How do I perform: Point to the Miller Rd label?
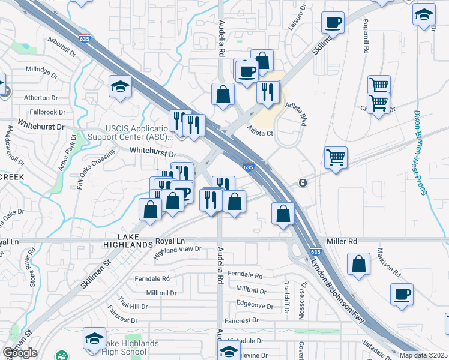[342, 241]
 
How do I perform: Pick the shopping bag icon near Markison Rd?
[358, 263]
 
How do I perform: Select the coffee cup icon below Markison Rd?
[402, 294]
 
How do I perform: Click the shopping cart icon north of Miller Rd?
[336, 158]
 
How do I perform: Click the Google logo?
[20, 353]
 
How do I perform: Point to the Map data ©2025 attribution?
[423, 355]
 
